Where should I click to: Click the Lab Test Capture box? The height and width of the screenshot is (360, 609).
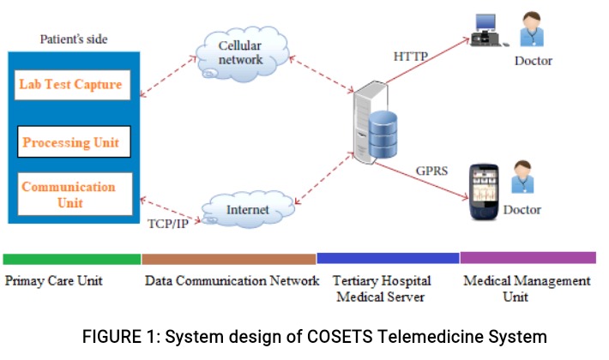73,85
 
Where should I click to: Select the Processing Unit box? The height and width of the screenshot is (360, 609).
73,141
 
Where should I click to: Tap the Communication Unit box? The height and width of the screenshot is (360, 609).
74,194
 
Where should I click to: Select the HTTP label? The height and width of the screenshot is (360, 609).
411,57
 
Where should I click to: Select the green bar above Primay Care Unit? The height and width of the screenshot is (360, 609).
72,258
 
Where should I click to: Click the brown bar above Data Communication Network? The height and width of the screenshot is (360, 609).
229,258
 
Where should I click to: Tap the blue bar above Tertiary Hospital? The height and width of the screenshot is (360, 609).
388,258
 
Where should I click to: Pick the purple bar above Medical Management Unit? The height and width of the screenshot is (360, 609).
528,257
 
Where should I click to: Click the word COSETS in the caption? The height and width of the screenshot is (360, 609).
320,337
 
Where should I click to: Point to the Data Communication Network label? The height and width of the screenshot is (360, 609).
232,280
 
